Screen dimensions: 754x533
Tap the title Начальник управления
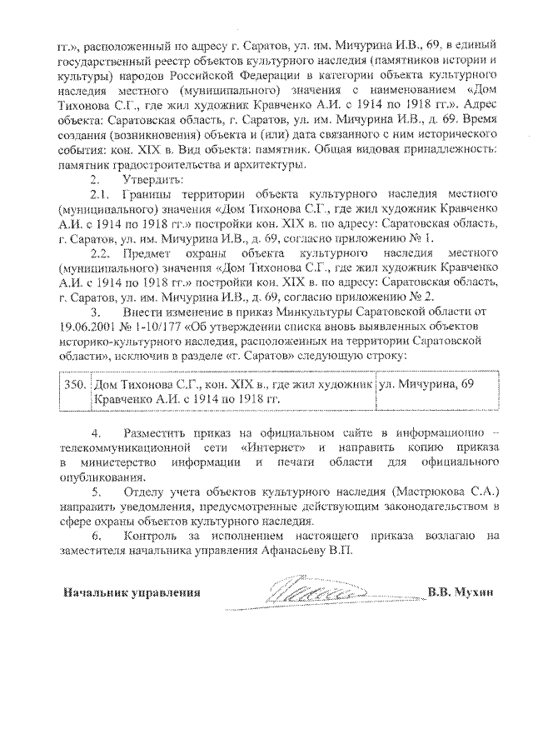132,593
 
